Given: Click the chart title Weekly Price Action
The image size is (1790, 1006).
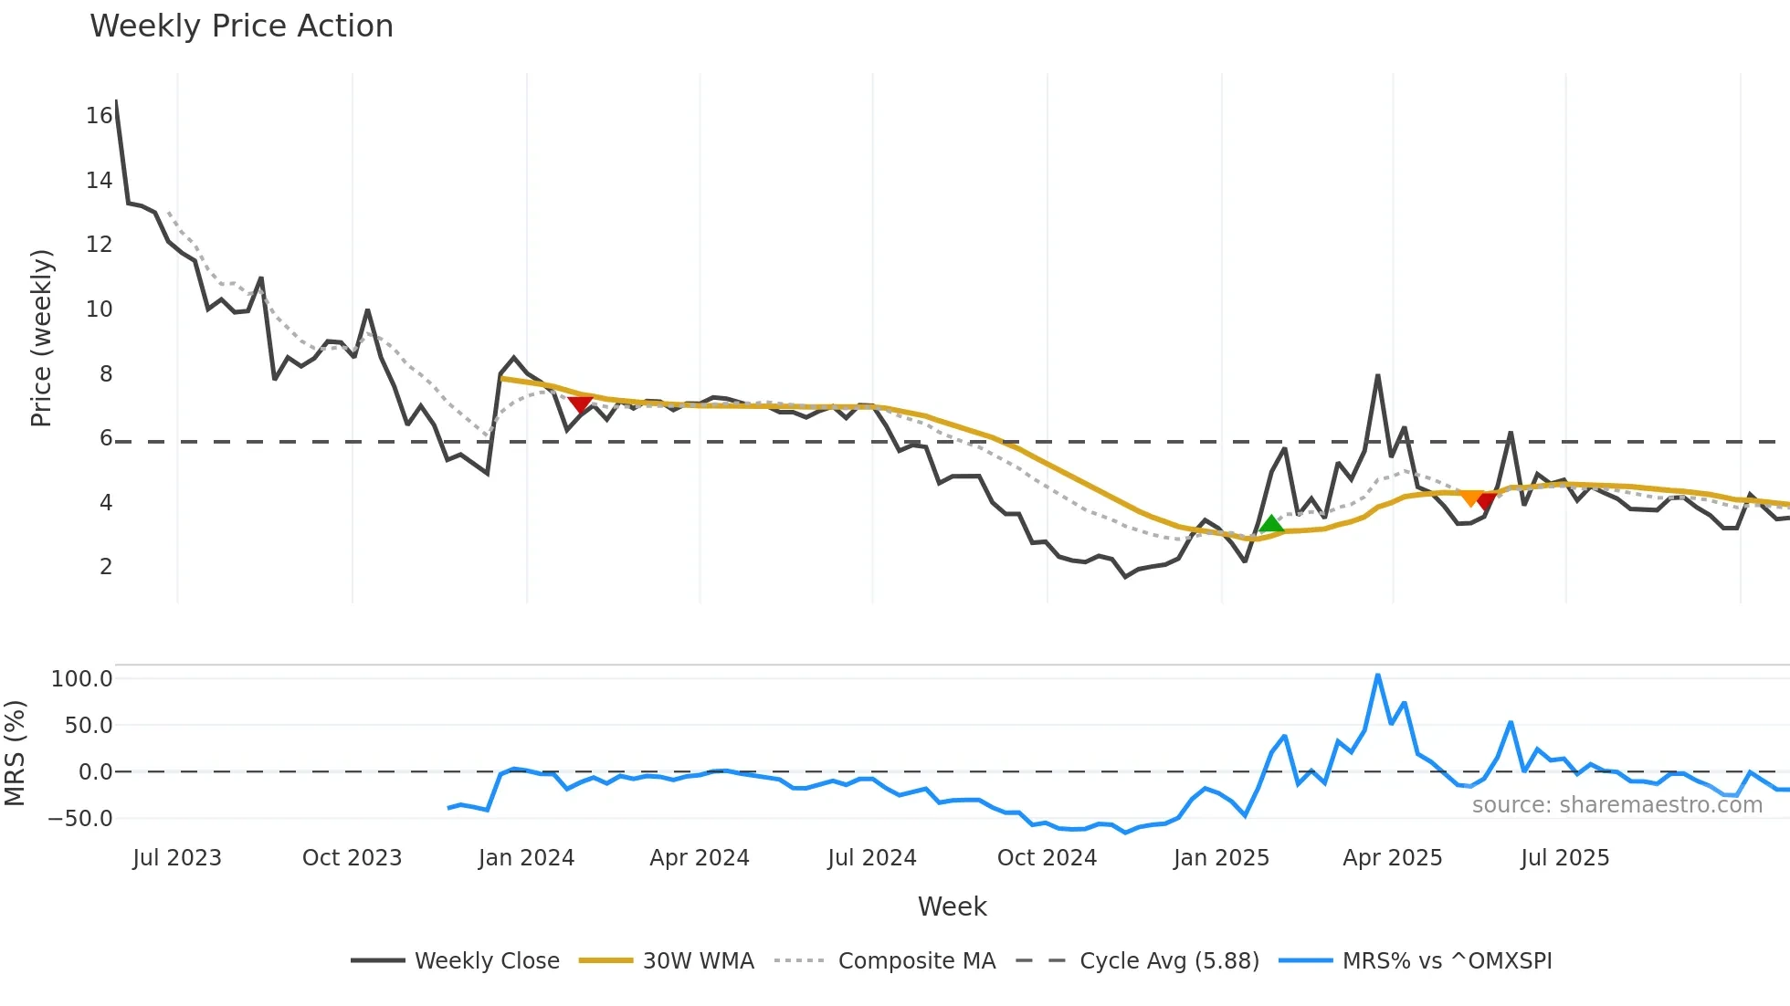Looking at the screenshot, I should [x=241, y=26].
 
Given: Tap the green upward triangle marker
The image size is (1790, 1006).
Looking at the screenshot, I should [x=1271, y=524].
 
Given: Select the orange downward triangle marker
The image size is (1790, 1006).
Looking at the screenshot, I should [x=1470, y=498].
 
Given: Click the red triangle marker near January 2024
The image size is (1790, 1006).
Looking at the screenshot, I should [x=580, y=404].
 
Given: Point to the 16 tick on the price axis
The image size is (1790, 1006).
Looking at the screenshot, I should [x=99, y=116].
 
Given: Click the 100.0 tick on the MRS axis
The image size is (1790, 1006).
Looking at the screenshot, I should [x=82, y=679].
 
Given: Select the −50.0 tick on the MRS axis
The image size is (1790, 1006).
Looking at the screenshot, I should [x=80, y=819].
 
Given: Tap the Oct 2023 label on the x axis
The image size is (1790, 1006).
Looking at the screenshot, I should [x=352, y=858].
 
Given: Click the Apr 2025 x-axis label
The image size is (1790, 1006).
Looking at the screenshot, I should [x=1392, y=858].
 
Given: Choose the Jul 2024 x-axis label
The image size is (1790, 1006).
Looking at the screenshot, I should [x=871, y=858].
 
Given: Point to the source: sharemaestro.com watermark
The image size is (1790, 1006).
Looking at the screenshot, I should [x=1616, y=805].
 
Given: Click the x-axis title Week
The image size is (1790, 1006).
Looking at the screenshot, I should [x=952, y=906].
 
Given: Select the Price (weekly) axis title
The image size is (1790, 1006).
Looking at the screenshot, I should [x=41, y=338].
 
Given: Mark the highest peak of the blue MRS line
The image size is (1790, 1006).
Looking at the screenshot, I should [x=1377, y=676].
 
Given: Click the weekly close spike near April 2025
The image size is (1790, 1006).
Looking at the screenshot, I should [x=1377, y=376].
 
